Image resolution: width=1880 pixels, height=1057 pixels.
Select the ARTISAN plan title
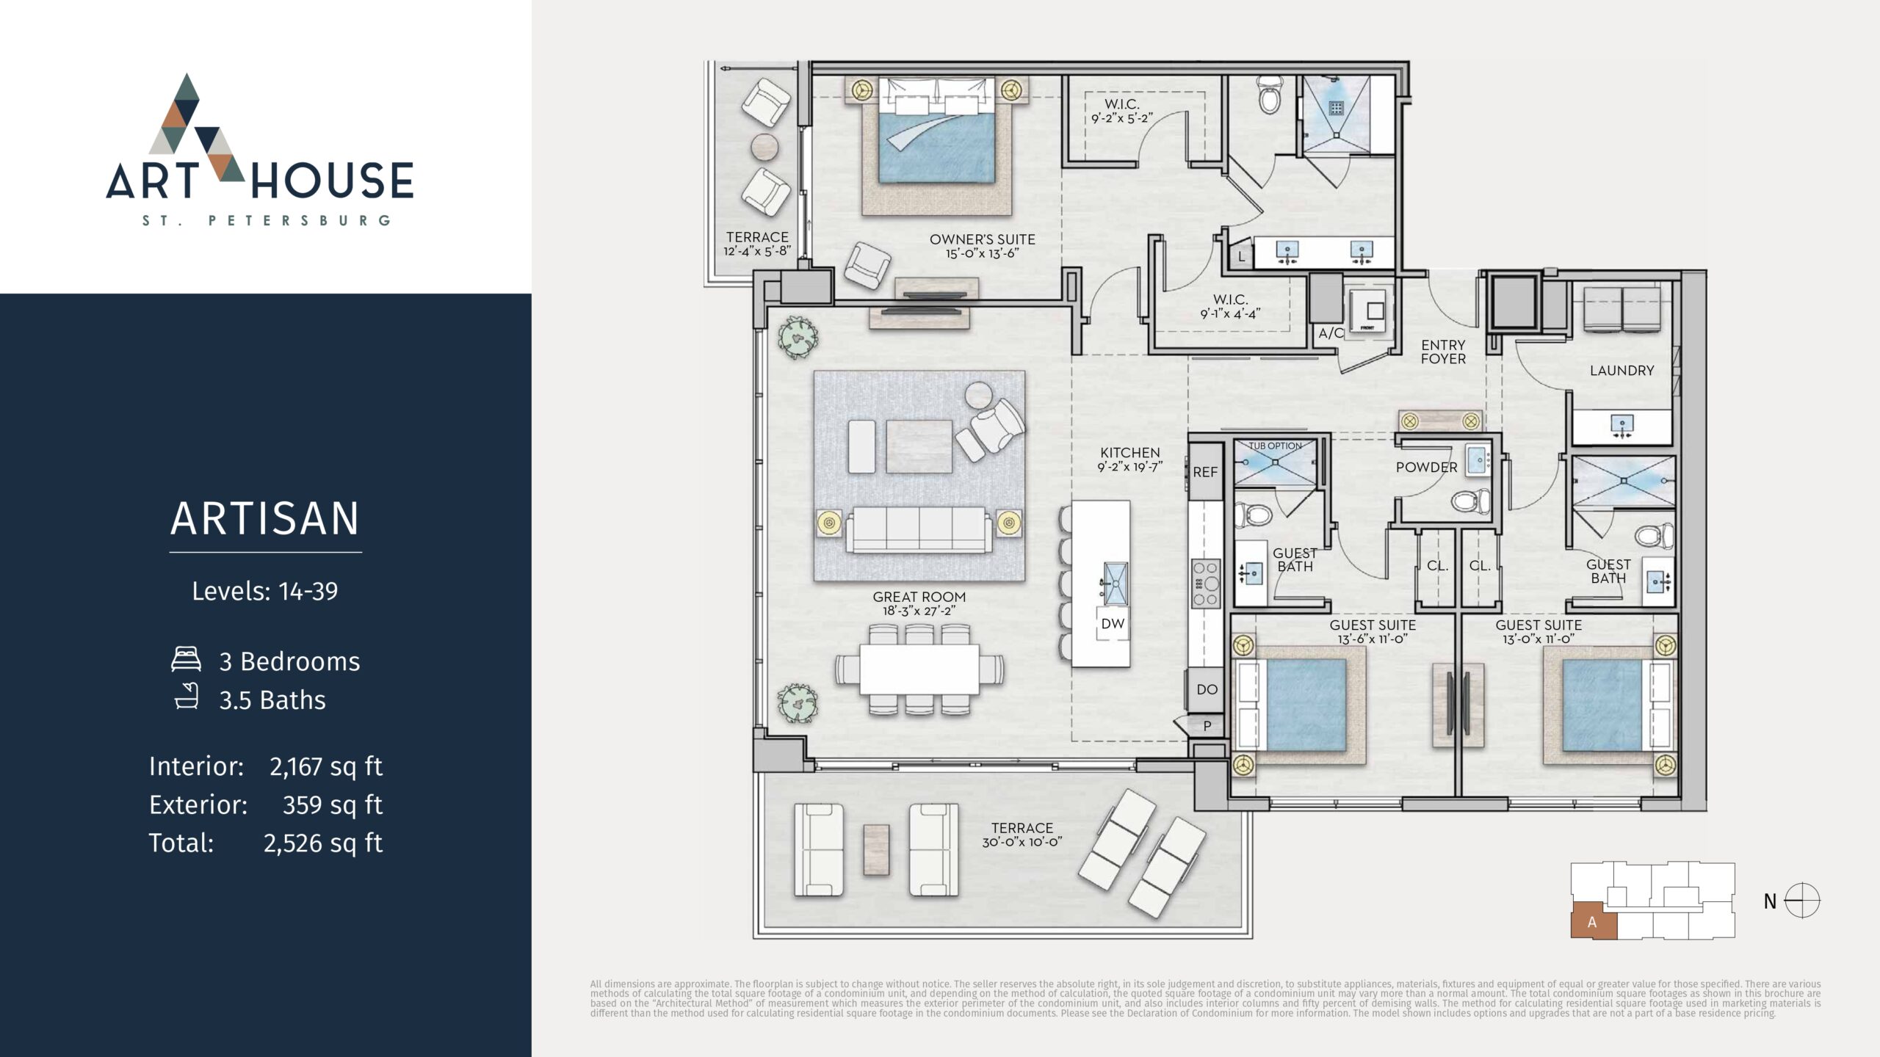point(265,518)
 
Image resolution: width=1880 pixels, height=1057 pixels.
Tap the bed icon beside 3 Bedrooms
point(186,659)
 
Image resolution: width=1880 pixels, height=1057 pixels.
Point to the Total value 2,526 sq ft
point(323,843)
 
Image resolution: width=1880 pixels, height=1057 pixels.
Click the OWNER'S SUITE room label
point(982,239)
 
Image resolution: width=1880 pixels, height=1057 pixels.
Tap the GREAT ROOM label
point(919,597)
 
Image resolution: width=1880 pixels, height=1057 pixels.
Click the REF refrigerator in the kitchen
point(1205,472)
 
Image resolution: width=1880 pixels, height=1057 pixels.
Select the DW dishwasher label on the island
point(1113,624)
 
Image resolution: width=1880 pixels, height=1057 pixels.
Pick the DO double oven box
point(1207,689)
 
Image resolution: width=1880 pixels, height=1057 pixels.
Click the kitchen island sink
point(1116,584)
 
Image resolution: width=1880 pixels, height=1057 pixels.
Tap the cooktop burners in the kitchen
point(1205,584)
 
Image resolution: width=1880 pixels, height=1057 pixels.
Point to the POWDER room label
point(1426,468)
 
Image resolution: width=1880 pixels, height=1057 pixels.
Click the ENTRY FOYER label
point(1443,352)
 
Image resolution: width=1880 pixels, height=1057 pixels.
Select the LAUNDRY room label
point(1621,371)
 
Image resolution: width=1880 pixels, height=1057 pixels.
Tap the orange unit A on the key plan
point(1594,922)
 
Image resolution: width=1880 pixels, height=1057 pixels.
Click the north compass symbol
point(1802,901)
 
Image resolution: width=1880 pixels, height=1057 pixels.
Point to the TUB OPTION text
point(1276,446)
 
